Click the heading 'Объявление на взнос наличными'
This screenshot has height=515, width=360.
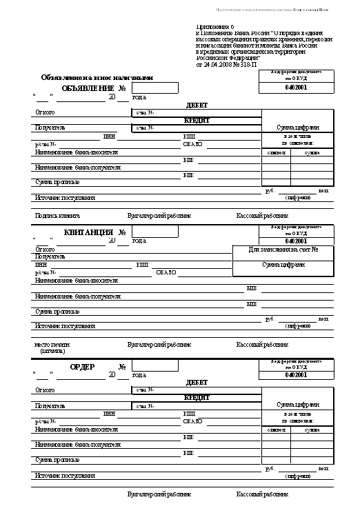tap(97, 78)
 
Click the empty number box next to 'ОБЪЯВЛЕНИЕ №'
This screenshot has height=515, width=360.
tap(154, 88)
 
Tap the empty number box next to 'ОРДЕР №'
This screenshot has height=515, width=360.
tap(154, 366)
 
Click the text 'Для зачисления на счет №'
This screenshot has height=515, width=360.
tap(283, 249)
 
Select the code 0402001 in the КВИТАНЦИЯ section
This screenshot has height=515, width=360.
tap(294, 241)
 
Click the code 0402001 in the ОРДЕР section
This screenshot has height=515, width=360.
tap(294, 376)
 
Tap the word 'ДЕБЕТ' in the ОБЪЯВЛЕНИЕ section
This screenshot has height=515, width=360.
tap(197, 105)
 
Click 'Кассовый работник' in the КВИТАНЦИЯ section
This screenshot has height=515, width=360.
tap(262, 344)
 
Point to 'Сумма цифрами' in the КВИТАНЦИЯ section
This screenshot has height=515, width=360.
tap(283, 265)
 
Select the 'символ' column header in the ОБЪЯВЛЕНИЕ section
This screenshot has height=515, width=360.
tap(276, 152)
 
